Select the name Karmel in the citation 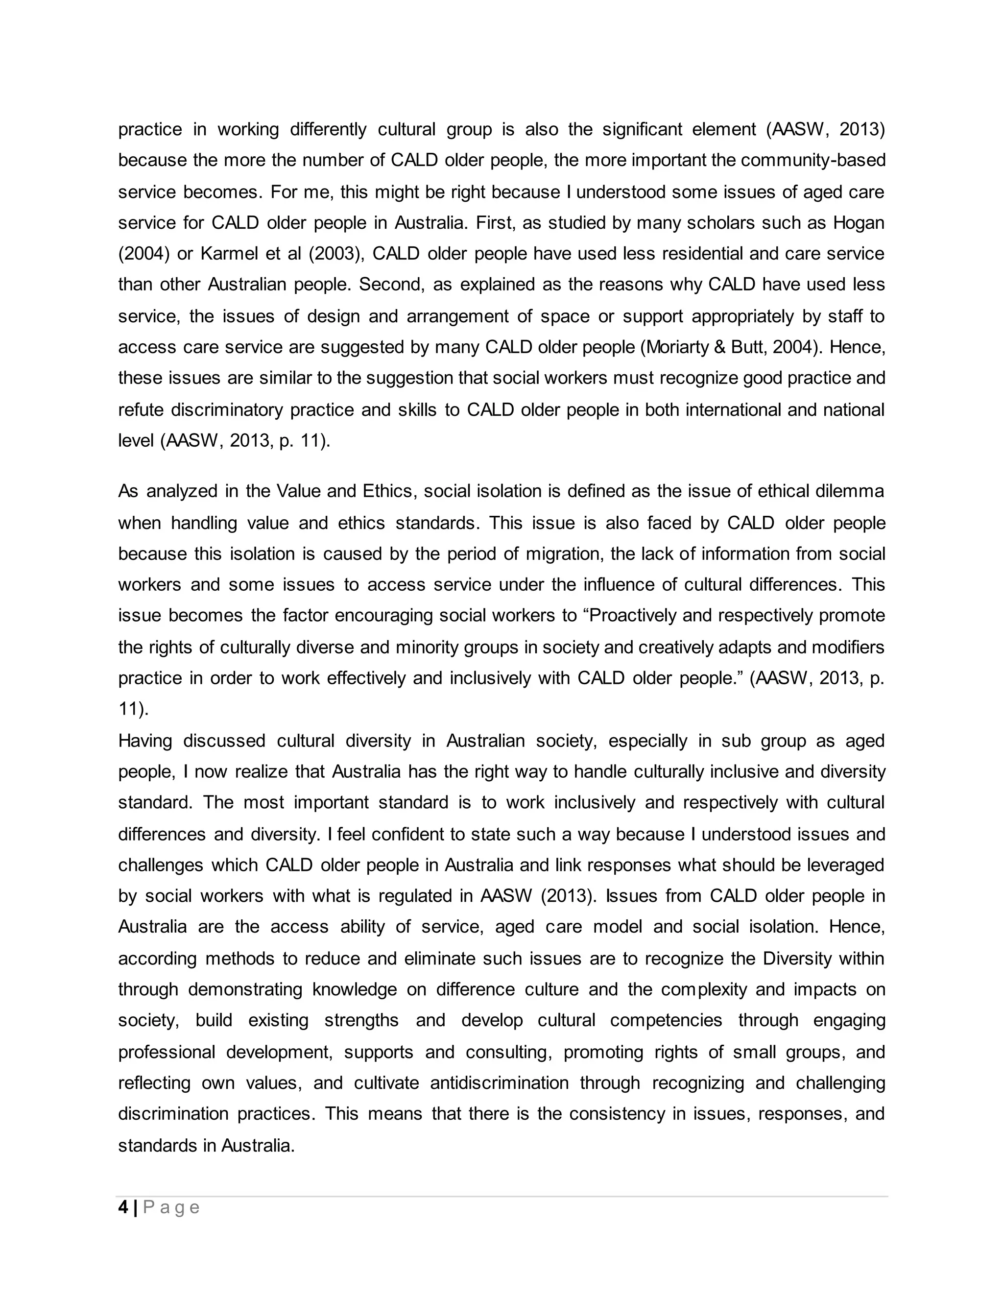pyautogui.click(x=229, y=254)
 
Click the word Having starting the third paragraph pyautogui.click(x=145, y=741)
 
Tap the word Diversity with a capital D pyautogui.click(x=797, y=959)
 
